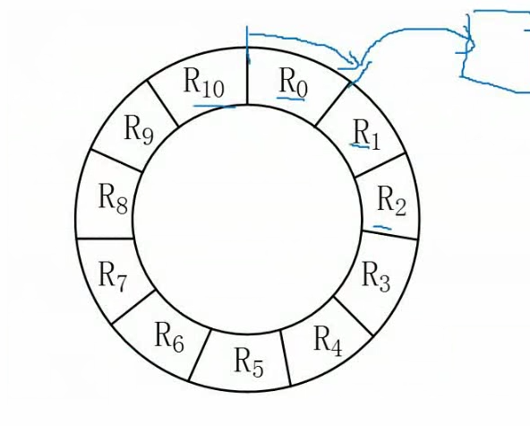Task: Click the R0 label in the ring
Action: (x=294, y=83)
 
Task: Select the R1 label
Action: (x=367, y=135)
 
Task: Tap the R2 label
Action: (x=391, y=201)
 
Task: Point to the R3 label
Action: (x=376, y=276)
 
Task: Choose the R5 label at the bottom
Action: (x=249, y=362)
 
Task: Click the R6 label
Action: (x=169, y=337)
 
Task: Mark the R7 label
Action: (x=113, y=276)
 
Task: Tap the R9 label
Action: (x=139, y=130)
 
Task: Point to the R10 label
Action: (x=204, y=83)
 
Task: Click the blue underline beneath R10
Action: (x=214, y=107)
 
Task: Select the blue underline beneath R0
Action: (x=291, y=99)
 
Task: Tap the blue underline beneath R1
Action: (x=359, y=146)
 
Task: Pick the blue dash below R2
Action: (x=382, y=227)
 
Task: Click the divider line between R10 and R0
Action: (x=247, y=76)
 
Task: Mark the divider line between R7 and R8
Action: (x=105, y=239)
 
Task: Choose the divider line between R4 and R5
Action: (x=286, y=358)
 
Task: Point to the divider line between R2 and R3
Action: (x=389, y=235)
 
